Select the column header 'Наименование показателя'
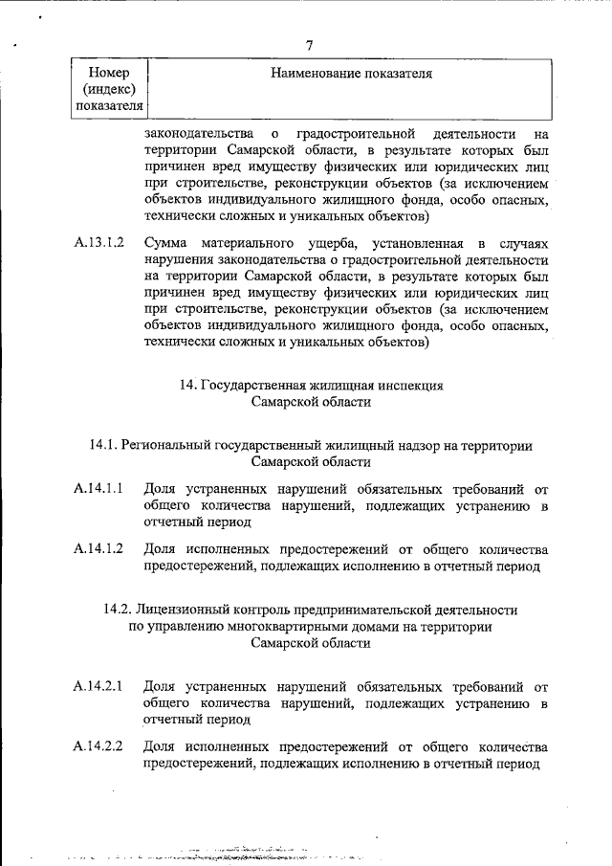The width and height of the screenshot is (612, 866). tap(351, 73)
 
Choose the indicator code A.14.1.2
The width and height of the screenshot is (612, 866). tap(99, 549)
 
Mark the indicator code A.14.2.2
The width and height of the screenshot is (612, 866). tap(99, 746)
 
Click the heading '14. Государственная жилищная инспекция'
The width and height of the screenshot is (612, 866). tap(311, 386)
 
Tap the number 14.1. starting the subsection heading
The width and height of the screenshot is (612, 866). tap(102, 446)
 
